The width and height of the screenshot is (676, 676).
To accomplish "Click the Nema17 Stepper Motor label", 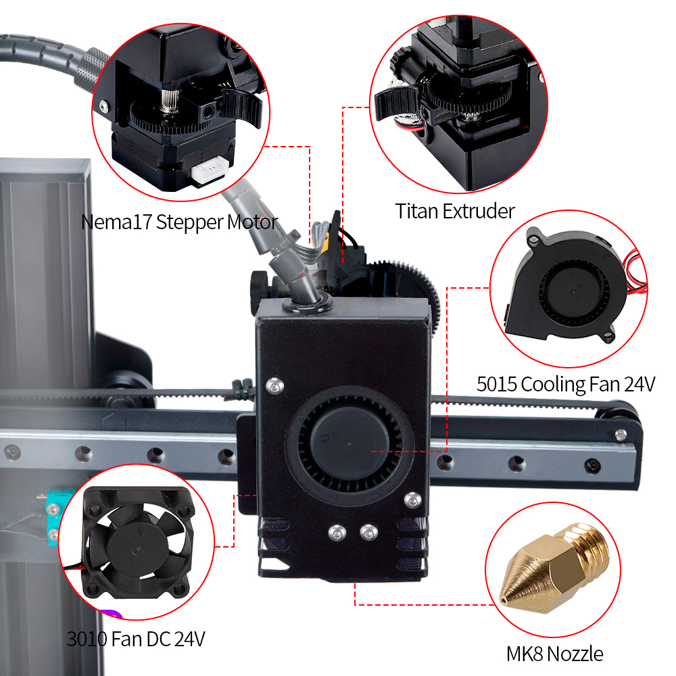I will point(179,222).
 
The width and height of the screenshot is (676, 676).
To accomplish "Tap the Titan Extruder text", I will point(454,211).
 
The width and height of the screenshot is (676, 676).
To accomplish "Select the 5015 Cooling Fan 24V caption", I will point(566,384).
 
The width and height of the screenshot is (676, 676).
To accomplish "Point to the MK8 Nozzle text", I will point(554,654).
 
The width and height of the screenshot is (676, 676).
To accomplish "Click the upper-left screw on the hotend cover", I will point(273,385).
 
